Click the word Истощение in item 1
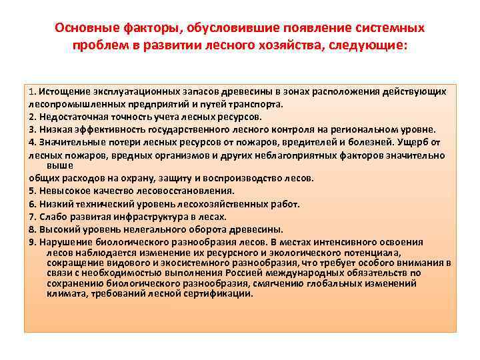tap(61, 91)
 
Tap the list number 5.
tap(32, 191)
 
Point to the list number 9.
tap(33, 241)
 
